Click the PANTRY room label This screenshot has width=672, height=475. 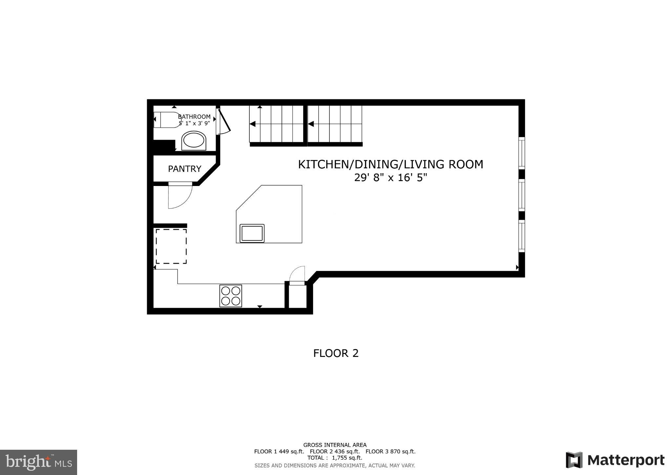pos(184,169)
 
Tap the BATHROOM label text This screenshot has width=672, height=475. pos(194,117)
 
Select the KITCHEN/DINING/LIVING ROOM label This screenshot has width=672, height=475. pos(390,164)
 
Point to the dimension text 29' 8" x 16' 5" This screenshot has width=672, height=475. pos(390,178)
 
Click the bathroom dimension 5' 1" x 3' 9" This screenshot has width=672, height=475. pos(194,123)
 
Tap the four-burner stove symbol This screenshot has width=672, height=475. pos(231,296)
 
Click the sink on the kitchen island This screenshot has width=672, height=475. pos(252,233)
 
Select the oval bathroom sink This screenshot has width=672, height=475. pos(194,141)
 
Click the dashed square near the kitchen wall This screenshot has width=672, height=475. pos(171,246)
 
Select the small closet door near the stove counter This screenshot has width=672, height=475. pos(297,274)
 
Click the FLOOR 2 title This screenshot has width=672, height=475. pos(336,353)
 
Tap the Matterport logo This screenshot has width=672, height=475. pos(615,460)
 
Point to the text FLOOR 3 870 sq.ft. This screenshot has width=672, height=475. pos(390,451)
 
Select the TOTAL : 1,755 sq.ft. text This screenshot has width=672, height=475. pos(335,458)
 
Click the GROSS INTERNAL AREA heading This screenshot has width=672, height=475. pos(335,445)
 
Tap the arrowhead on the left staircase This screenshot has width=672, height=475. pos(253,124)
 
